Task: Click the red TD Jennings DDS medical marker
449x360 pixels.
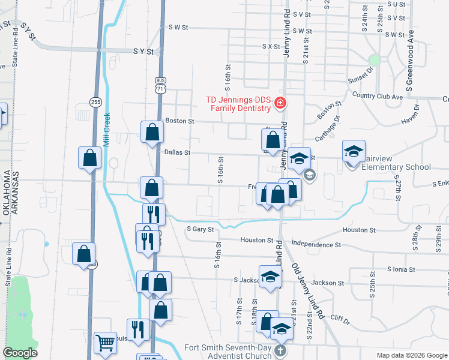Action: [x=279, y=104]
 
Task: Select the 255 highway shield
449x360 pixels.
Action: [x=95, y=102]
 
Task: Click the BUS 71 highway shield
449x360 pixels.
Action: [x=160, y=85]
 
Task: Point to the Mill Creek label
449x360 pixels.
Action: [x=107, y=130]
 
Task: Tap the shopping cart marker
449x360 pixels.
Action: [x=106, y=343]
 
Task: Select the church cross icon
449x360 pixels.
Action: [x=280, y=350]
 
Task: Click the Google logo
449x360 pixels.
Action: [x=20, y=353]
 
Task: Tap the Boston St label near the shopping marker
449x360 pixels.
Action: [x=180, y=121]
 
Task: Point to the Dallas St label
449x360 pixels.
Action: [x=177, y=153]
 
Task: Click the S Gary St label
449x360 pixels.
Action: [x=200, y=229]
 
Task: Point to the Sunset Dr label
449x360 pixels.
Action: [x=361, y=80]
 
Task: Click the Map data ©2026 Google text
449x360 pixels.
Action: [x=411, y=355]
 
